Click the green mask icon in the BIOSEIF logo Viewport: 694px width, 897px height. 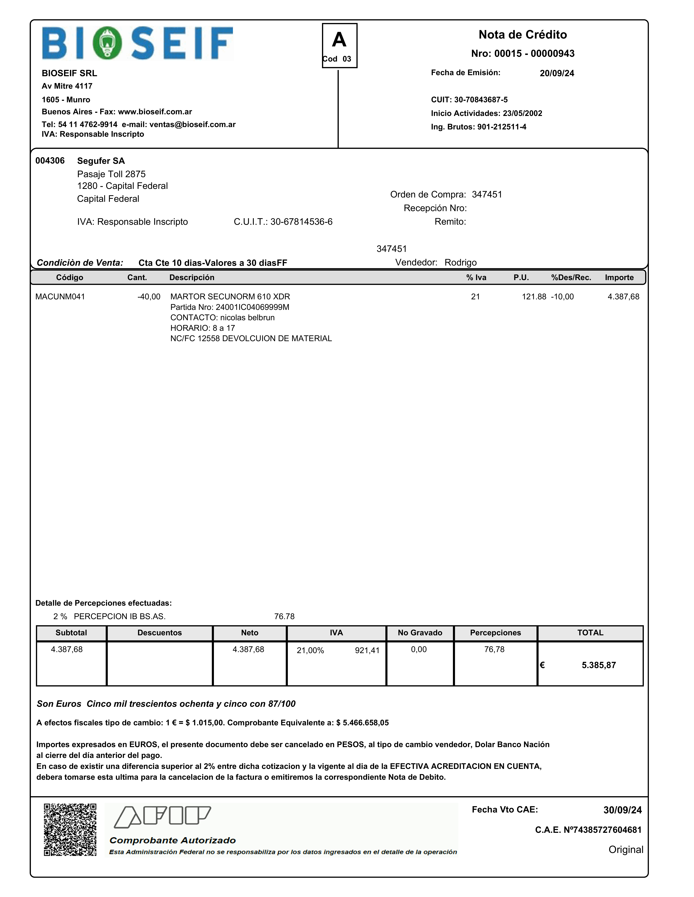(x=107, y=43)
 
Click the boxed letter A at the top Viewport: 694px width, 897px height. (x=339, y=40)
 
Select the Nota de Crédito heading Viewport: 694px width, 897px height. (x=523, y=35)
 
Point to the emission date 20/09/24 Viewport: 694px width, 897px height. (x=557, y=73)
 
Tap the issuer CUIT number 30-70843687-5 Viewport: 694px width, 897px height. (x=481, y=100)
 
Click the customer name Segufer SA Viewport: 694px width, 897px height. (x=101, y=161)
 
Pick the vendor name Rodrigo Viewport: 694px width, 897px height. (x=460, y=262)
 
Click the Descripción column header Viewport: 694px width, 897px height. (x=192, y=277)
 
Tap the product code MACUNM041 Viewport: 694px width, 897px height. (x=60, y=297)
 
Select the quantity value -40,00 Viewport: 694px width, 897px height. (x=149, y=297)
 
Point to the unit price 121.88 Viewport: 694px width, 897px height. (x=534, y=297)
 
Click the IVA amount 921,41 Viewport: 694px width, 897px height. (x=367, y=650)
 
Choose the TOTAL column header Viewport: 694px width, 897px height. (x=590, y=632)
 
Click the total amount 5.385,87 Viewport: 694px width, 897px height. (x=599, y=665)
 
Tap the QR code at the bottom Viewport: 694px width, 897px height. (x=70, y=830)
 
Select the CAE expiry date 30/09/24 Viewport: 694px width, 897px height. (x=622, y=810)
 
